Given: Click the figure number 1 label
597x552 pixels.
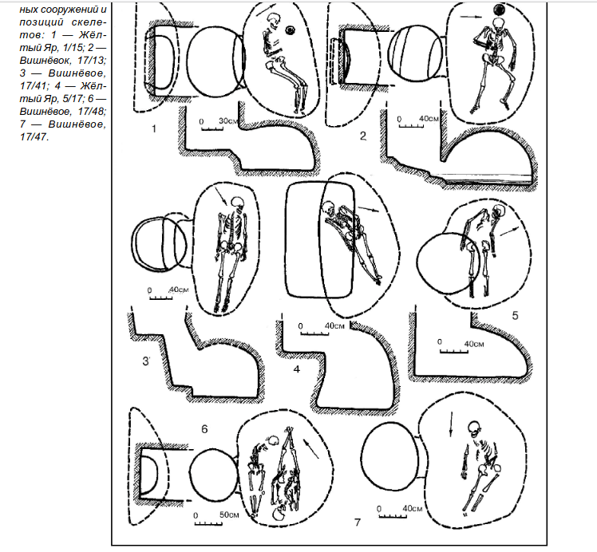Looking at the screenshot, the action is [154, 129].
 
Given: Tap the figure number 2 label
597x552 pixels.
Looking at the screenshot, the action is [363, 136].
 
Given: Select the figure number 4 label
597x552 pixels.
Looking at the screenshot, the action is [297, 369].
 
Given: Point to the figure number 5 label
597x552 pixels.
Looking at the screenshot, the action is [515, 315].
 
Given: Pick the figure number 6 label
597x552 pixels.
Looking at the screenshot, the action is [204, 429].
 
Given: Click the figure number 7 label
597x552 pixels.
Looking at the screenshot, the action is [357, 522].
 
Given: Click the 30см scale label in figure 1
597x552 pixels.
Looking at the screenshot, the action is [228, 120].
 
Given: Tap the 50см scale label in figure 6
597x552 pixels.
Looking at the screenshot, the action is [229, 515].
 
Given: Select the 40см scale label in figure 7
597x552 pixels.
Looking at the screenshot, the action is [413, 508].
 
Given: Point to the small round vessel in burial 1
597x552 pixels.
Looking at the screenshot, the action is [291, 30].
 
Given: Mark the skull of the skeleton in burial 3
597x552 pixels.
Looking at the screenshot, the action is [237, 202].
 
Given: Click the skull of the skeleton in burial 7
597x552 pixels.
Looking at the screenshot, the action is [474, 428].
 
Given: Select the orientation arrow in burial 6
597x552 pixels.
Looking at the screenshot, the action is [311, 448].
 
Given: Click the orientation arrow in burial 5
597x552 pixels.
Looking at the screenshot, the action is [509, 231].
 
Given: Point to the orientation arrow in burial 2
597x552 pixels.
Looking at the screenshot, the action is [472, 17].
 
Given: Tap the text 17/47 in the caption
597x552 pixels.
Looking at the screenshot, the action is [34, 137].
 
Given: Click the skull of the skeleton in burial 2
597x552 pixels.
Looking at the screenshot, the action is [498, 25].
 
